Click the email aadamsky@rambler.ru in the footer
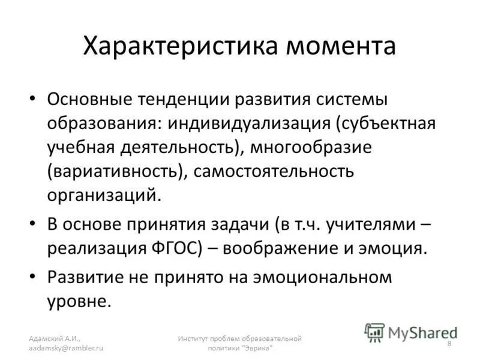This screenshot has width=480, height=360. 67,347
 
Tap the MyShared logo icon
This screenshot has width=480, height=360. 374,331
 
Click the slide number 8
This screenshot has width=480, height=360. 450,343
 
